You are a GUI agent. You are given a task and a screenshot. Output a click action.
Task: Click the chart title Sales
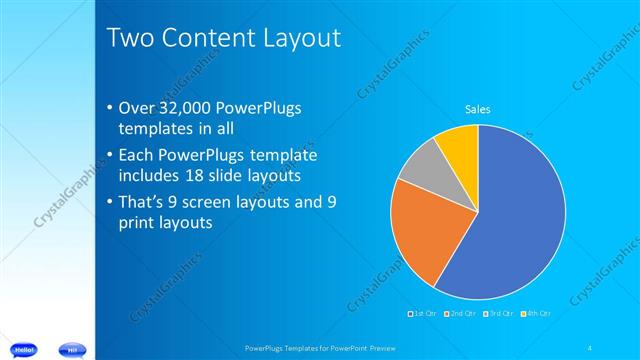(478, 109)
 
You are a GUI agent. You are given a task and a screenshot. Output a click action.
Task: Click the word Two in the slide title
(129, 39)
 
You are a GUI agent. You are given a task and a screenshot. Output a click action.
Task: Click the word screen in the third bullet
(206, 202)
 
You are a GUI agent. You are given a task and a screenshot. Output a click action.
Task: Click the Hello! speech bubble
(25, 349)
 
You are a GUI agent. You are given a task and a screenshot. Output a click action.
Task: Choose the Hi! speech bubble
(72, 349)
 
